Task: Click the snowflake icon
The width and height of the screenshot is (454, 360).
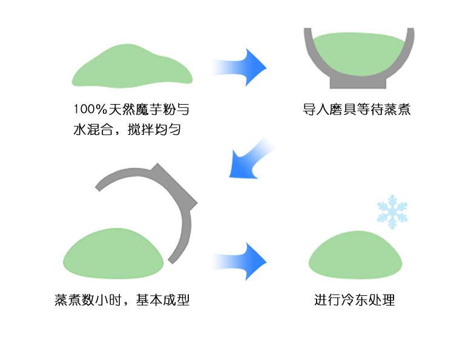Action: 392,211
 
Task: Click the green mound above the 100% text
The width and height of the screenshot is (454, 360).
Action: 133,70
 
